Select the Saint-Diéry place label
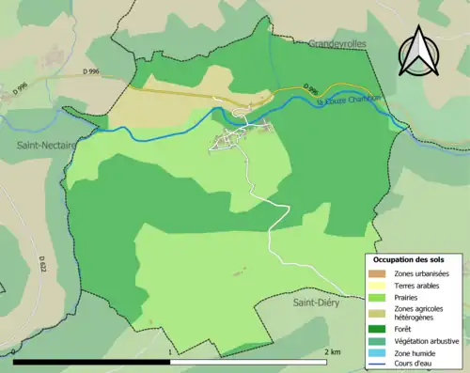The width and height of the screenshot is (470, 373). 317,303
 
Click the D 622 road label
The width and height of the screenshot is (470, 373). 44,266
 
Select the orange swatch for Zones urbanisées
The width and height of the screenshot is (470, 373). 380,272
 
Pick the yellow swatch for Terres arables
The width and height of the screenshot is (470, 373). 380,285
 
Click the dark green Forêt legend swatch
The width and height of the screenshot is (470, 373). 380,329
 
